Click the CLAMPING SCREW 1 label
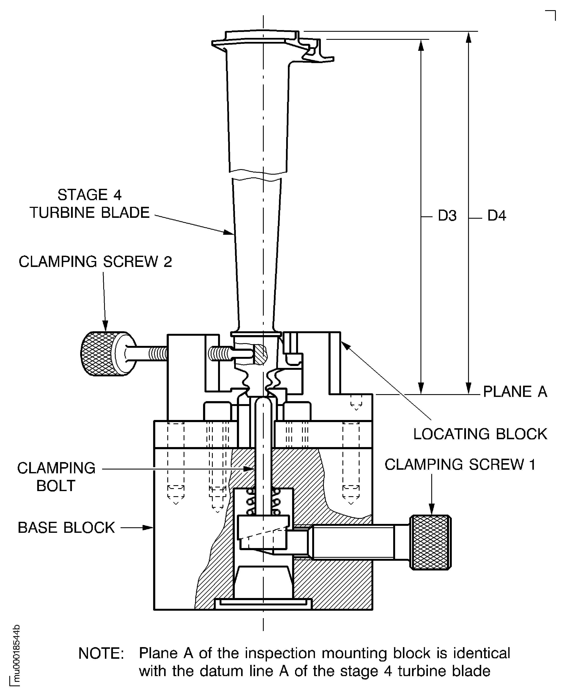pyautogui.click(x=460, y=465)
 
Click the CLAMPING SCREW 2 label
pyautogui.click(x=95, y=262)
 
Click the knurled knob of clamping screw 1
pyautogui.click(x=431, y=542)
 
